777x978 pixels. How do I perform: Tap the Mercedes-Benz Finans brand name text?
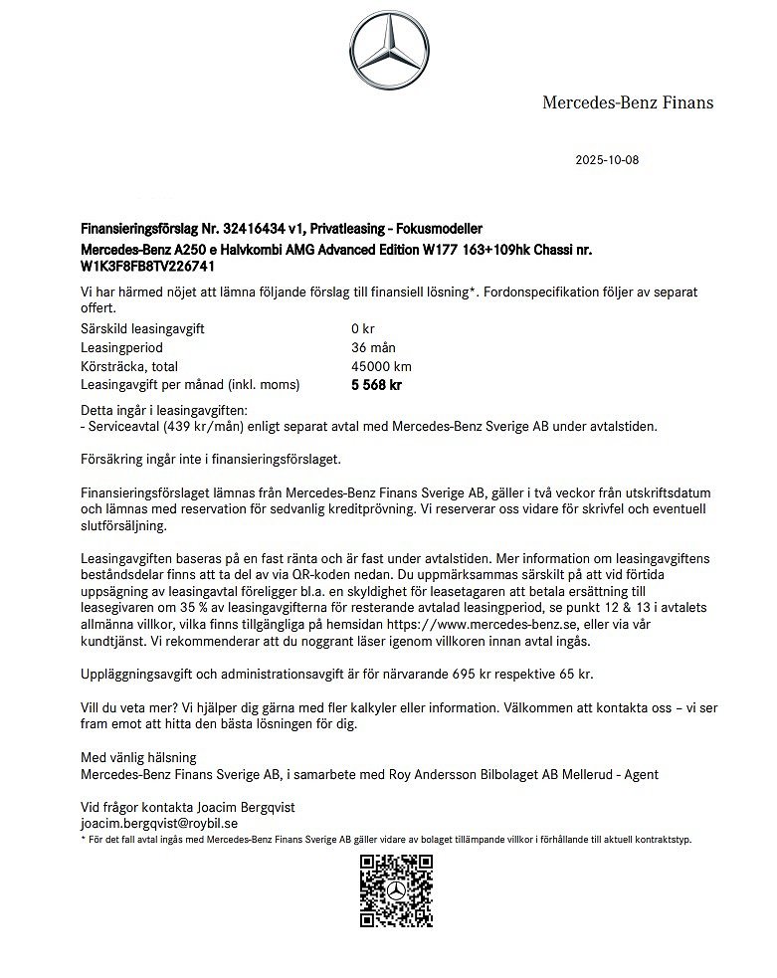click(x=627, y=101)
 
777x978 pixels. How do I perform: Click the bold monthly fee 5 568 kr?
click(x=376, y=385)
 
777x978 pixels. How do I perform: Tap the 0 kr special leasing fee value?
click(x=362, y=329)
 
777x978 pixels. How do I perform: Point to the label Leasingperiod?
click(x=121, y=348)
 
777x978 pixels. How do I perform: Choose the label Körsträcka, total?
click(x=129, y=366)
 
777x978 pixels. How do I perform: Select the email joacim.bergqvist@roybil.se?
click(x=159, y=824)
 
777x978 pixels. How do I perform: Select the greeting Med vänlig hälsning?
click(x=138, y=757)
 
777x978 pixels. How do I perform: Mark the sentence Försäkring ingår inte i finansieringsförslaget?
click(x=210, y=460)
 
